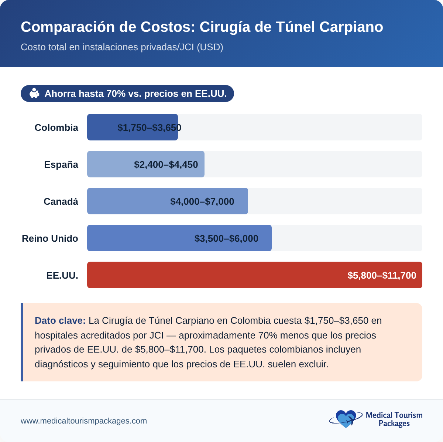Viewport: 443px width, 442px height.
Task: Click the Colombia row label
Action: [x=56, y=127]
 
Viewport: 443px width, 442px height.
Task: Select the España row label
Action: [x=61, y=164]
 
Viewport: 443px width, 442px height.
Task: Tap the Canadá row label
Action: [x=61, y=201]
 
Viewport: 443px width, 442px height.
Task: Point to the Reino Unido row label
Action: [x=50, y=238]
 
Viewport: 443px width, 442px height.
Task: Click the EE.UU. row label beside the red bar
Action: [x=62, y=275]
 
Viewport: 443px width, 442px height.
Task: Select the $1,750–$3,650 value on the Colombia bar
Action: [x=149, y=127]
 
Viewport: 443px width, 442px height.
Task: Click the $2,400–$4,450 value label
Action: [x=166, y=164]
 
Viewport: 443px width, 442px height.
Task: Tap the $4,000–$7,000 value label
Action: [x=202, y=201]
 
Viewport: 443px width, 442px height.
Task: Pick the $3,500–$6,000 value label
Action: [x=226, y=238]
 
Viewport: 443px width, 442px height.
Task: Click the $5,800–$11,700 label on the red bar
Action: [x=382, y=275]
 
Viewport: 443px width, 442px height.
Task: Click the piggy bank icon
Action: [x=34, y=93]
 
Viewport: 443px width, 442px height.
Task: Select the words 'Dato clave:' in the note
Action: [x=60, y=320]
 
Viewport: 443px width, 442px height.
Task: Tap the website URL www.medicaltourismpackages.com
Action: [x=84, y=421]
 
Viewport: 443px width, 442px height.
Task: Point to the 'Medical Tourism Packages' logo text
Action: [x=394, y=419]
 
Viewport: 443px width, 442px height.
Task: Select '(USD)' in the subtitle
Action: [x=210, y=47]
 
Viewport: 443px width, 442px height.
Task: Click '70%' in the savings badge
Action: [x=116, y=93]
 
